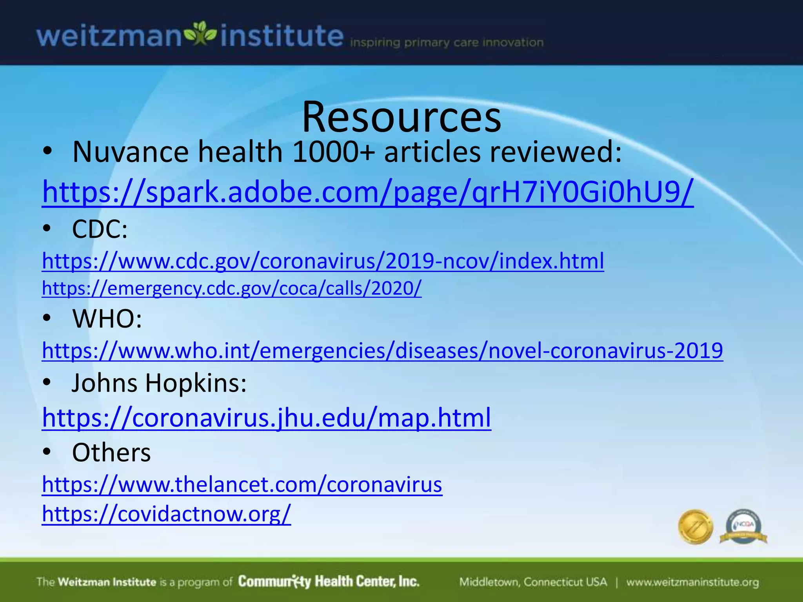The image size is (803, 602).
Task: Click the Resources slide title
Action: (401, 117)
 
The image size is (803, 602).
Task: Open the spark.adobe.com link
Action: (368, 192)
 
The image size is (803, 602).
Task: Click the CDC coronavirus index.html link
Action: (323, 261)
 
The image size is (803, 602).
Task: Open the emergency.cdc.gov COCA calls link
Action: (232, 288)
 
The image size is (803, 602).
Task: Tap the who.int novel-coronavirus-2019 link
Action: (382, 350)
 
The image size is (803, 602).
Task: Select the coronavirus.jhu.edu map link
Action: (267, 417)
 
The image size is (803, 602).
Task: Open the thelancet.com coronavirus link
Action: (242, 484)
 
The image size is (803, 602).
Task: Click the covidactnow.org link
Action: (166, 513)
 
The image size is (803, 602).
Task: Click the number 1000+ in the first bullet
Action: (333, 152)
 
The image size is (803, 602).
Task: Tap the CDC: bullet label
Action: (100, 229)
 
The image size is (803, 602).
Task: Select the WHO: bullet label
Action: (107, 318)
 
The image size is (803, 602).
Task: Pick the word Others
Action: (111, 453)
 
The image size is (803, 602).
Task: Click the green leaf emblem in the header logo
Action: (200, 34)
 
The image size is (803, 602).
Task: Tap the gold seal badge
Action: (695, 526)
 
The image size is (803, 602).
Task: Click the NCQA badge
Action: (743, 526)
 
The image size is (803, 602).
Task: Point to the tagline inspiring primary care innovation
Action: (447, 42)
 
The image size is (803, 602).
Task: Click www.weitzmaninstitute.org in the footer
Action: (692, 582)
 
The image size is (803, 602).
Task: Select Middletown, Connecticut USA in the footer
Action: (533, 582)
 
